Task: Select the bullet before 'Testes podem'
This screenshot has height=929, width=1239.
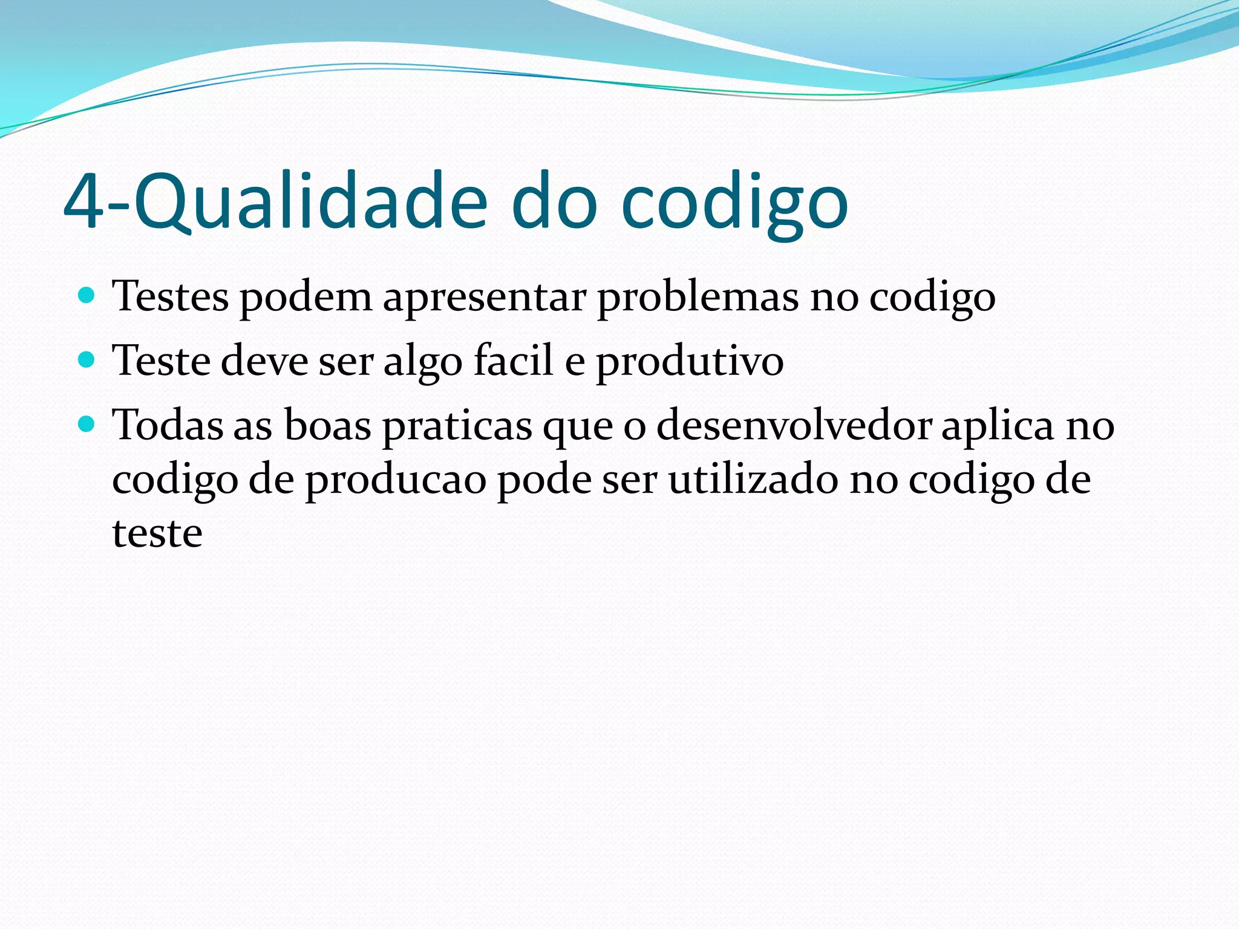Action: [x=87, y=296]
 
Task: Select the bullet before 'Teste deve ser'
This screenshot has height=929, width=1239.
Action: [x=87, y=360]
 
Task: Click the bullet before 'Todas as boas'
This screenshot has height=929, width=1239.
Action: [x=87, y=425]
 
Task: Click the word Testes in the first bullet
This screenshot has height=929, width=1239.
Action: [x=170, y=297]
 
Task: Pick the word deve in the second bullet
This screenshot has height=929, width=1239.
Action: [x=264, y=361]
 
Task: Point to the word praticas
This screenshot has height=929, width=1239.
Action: [x=457, y=427]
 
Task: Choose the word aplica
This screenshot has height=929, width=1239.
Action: [x=998, y=427]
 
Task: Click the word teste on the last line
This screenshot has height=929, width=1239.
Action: [x=157, y=534]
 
